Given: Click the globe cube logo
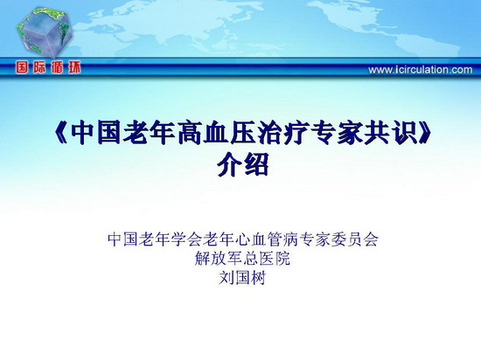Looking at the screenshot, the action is (x=45, y=33).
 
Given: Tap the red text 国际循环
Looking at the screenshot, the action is (x=48, y=67).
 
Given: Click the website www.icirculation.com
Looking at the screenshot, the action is (x=421, y=70).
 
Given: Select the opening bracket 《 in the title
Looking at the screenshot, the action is (x=60, y=133).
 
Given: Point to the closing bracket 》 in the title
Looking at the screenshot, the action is (x=423, y=133).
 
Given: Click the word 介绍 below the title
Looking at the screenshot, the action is (x=243, y=164).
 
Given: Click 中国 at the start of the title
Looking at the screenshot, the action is (x=96, y=133).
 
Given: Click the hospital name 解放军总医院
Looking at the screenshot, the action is (x=242, y=259).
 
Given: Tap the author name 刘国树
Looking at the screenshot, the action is (x=242, y=279).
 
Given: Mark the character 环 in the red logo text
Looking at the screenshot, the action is (x=74, y=67).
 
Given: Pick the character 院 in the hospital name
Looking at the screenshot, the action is (x=282, y=259).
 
